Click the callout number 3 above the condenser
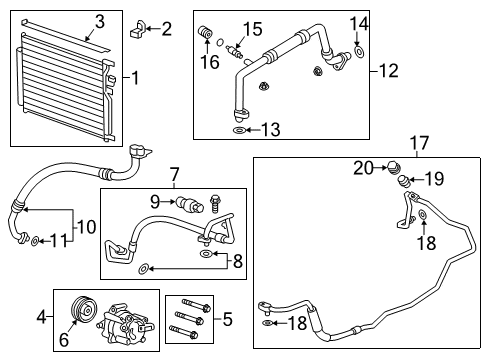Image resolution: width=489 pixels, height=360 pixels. tap(99, 20)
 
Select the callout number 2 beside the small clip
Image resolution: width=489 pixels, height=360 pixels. tap(166, 29)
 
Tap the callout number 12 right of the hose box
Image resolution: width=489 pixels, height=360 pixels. tap(389, 71)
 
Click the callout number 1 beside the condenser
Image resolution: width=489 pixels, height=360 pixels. tap(136, 77)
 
